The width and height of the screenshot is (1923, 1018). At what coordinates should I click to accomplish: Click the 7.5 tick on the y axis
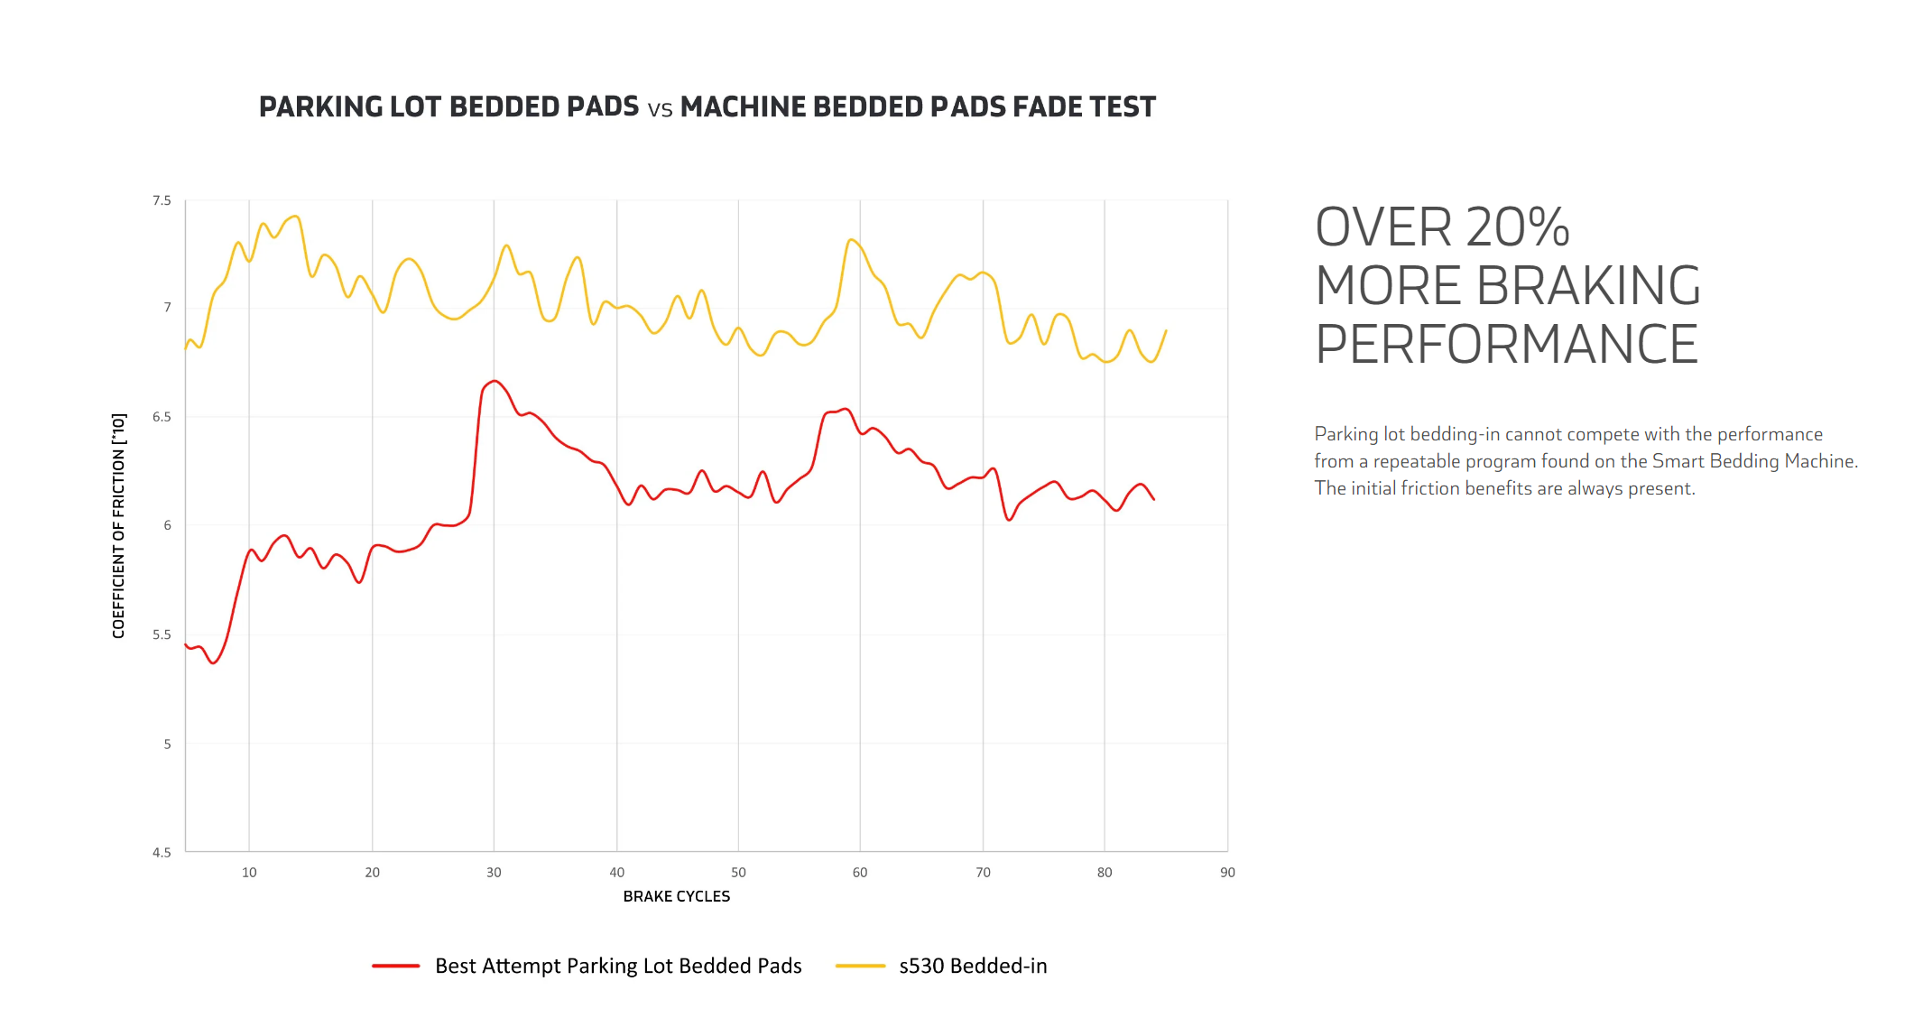click(162, 200)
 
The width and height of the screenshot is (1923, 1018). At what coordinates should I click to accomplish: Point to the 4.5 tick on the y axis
click(162, 852)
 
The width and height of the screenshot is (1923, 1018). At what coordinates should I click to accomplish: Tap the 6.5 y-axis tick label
click(162, 417)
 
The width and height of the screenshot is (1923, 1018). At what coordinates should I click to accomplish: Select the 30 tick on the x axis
click(494, 873)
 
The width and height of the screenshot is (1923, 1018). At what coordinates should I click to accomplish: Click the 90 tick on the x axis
click(1227, 873)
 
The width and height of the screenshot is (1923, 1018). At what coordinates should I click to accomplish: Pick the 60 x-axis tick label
click(860, 873)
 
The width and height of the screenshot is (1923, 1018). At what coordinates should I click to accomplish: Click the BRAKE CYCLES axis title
click(676, 896)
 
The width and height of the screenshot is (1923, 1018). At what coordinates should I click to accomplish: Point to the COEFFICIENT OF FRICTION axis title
click(119, 525)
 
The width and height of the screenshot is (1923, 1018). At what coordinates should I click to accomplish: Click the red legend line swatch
click(395, 966)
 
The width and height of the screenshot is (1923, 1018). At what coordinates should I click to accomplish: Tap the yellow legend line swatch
click(860, 966)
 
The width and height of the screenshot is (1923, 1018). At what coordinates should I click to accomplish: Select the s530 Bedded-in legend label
click(973, 966)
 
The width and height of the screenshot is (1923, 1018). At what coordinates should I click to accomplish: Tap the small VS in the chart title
click(660, 110)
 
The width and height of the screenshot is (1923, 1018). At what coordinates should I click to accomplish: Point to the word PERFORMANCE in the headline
click(1506, 345)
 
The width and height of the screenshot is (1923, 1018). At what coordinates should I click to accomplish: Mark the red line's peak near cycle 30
click(495, 381)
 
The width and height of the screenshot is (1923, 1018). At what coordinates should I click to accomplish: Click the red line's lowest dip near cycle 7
click(214, 663)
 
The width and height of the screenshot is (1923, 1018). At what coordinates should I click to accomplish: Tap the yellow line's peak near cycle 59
click(850, 239)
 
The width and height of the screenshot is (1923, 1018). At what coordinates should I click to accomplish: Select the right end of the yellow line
click(1167, 330)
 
